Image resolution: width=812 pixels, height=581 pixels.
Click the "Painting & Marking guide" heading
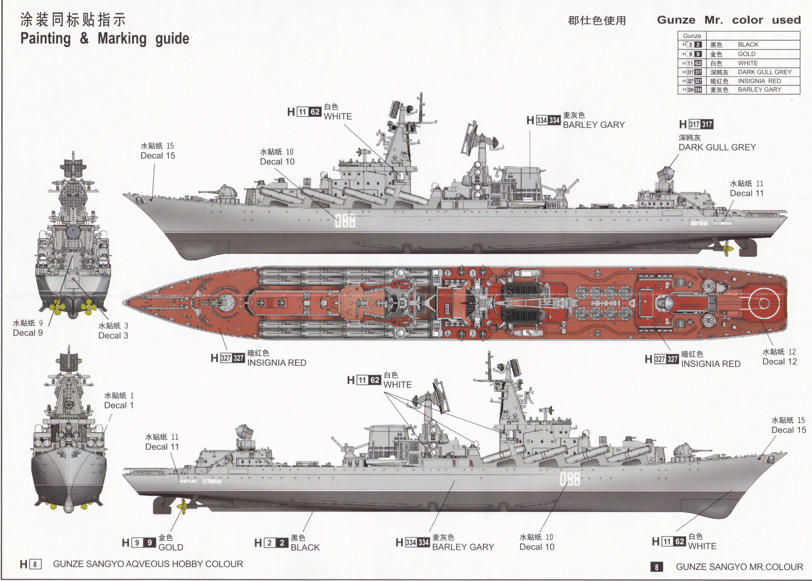click(x=105, y=39)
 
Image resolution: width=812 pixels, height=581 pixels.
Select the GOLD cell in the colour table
click(x=747, y=54)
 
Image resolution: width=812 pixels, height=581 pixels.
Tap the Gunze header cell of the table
click(x=692, y=36)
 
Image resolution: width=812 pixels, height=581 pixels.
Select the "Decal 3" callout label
click(x=113, y=336)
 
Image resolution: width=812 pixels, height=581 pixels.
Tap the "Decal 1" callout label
click(x=119, y=405)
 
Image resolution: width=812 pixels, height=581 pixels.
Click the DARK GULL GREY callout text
click(x=717, y=147)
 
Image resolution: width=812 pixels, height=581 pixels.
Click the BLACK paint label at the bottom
click(x=305, y=547)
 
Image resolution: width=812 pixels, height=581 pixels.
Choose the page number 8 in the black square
click(x=656, y=567)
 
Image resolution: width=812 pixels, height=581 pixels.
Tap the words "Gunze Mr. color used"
click(x=729, y=20)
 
